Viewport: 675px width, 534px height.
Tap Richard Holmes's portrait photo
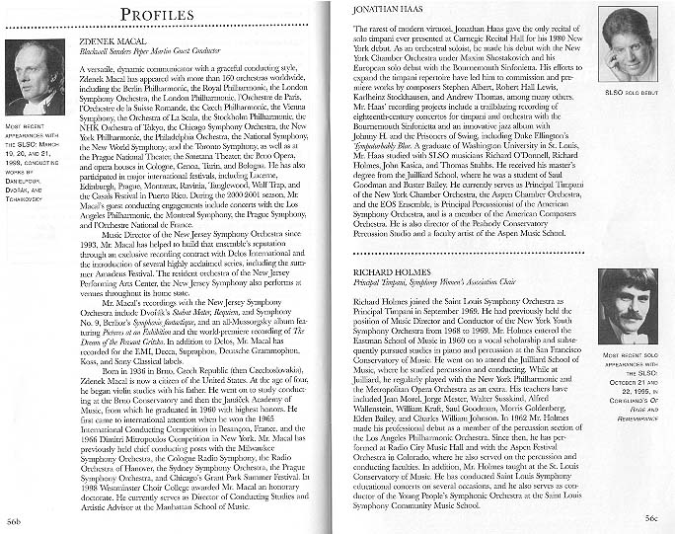coord(628,306)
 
